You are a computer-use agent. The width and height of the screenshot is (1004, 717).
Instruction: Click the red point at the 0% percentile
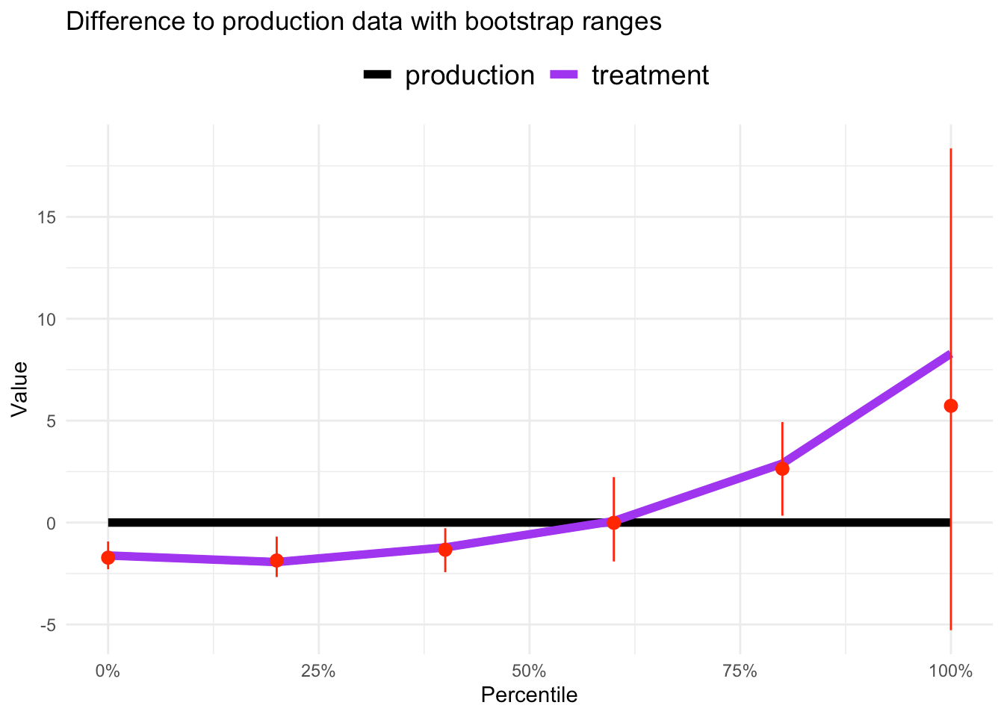tap(108, 557)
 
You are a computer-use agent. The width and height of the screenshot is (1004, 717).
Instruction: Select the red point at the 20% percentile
tap(276, 561)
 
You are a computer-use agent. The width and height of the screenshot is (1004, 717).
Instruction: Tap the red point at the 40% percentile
tap(445, 550)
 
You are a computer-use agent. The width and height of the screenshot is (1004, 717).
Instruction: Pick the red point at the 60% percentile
tap(614, 523)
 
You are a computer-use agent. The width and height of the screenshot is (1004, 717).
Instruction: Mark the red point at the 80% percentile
tap(782, 469)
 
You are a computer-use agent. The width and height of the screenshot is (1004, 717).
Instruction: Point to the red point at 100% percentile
tap(951, 406)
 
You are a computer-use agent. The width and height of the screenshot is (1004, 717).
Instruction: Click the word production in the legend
tap(470, 75)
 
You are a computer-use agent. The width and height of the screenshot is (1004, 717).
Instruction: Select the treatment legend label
tap(650, 75)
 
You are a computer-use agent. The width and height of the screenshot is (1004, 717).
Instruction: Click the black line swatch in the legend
tap(378, 74)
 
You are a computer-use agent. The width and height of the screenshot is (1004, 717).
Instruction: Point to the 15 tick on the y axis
tap(47, 217)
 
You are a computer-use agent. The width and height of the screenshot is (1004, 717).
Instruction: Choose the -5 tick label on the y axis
tap(47, 625)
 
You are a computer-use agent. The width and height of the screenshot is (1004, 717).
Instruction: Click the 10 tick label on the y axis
tap(47, 320)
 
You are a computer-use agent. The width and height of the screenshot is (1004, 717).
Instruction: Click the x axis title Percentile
tap(529, 695)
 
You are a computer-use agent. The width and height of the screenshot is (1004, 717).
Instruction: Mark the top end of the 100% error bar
tap(951, 149)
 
